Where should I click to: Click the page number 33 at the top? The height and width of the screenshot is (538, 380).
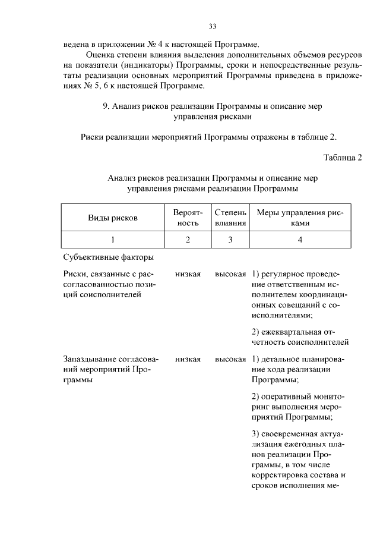213,26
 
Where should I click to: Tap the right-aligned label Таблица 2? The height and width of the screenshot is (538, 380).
343,157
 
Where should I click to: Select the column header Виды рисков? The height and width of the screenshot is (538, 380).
113,218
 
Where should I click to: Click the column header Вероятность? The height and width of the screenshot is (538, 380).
188,218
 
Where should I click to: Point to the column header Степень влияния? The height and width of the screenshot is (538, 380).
230,218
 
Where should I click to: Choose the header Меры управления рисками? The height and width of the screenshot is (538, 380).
300,218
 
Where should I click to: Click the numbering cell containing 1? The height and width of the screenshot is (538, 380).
113,240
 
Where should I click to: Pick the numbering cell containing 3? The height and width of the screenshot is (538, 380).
230,240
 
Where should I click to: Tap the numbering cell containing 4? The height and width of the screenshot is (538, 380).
300,240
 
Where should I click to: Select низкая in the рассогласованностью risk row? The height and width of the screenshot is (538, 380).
188,274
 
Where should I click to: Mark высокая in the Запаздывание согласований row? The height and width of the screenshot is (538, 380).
230,359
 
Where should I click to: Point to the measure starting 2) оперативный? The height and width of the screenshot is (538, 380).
297,407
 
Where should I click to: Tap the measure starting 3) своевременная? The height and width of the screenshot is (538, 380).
297,464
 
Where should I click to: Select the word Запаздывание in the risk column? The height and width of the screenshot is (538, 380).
90,359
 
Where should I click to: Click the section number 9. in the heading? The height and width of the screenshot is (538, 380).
106,106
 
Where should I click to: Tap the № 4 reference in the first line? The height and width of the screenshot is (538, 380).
153,45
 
